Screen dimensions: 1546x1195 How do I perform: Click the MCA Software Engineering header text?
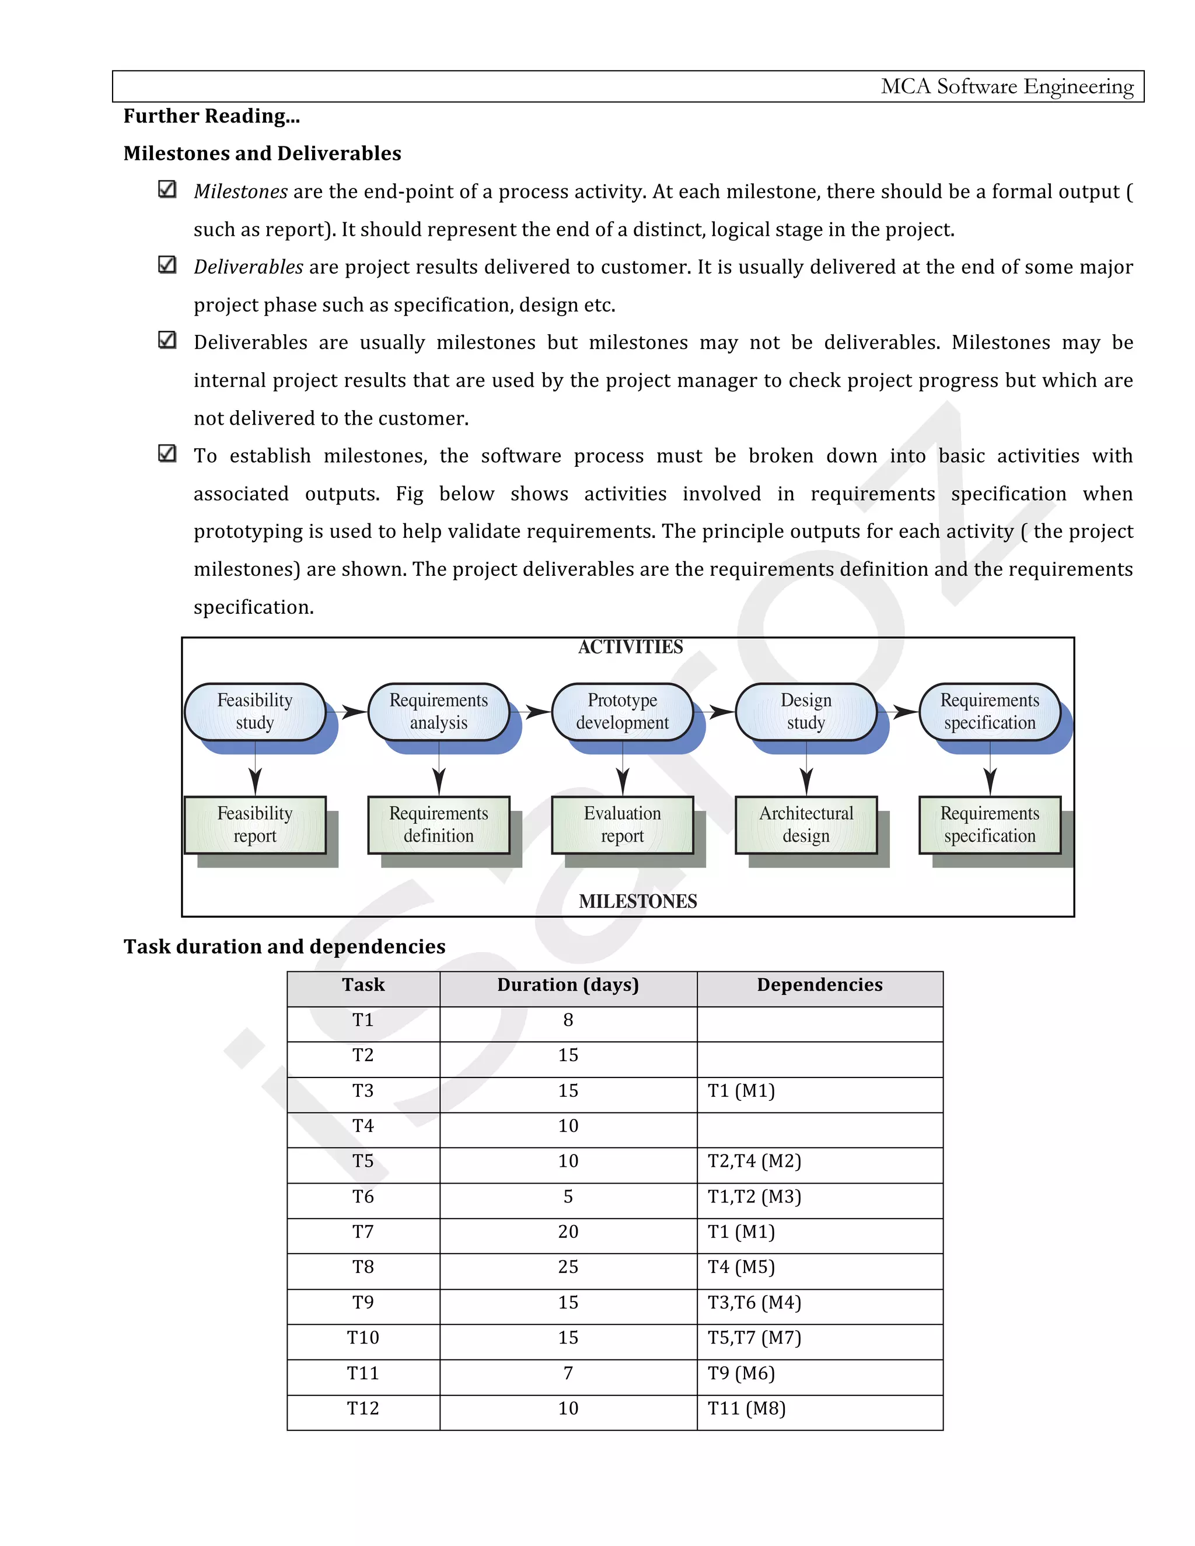pyautogui.click(x=1006, y=86)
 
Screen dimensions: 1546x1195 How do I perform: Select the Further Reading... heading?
pyautogui.click(x=212, y=116)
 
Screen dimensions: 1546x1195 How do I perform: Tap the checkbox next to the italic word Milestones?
pyautogui.click(x=167, y=189)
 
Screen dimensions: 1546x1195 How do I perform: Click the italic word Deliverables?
pyautogui.click(x=249, y=267)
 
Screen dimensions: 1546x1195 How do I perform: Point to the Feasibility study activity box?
pyautogui.click(x=255, y=711)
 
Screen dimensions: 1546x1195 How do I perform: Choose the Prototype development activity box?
pyautogui.click(x=622, y=711)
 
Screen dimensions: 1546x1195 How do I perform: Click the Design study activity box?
pyautogui.click(x=806, y=711)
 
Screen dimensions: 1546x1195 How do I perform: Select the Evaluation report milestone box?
pyautogui.click(x=622, y=825)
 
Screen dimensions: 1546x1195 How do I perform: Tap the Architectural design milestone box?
pyautogui.click(x=806, y=825)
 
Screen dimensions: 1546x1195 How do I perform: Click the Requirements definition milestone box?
pyautogui.click(x=438, y=825)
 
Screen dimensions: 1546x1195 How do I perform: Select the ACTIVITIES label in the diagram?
pyautogui.click(x=630, y=647)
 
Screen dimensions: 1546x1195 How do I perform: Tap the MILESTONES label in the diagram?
pyautogui.click(x=637, y=901)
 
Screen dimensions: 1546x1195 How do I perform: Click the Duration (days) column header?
pyautogui.click(x=568, y=985)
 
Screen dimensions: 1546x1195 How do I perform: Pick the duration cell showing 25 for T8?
pyautogui.click(x=568, y=1267)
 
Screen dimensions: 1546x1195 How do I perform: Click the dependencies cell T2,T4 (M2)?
pyautogui.click(x=754, y=1161)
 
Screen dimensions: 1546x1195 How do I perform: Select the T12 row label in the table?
pyautogui.click(x=362, y=1409)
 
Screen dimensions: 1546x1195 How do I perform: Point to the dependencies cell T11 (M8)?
pyautogui.click(x=747, y=1409)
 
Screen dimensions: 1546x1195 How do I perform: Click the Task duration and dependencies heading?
pyautogui.click(x=284, y=946)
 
